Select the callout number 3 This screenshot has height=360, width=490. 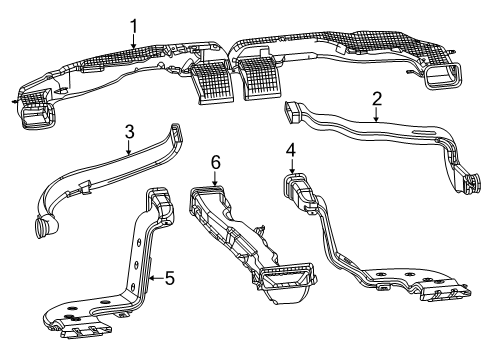[x=130, y=130]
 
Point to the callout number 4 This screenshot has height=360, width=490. [x=290, y=150]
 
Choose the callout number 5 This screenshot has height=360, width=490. [x=170, y=278]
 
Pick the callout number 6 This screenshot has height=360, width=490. [x=213, y=160]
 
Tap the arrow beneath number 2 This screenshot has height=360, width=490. [x=376, y=117]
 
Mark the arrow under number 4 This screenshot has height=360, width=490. [x=290, y=168]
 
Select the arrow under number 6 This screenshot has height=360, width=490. [x=213, y=178]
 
